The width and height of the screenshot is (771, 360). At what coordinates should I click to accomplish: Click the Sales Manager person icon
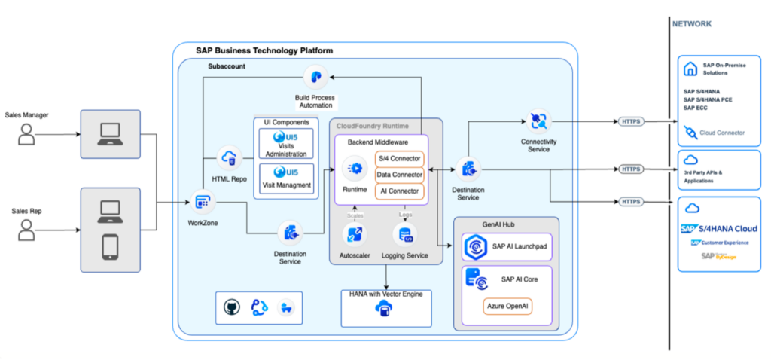27,134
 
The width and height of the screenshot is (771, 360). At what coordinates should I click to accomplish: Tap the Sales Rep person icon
27,230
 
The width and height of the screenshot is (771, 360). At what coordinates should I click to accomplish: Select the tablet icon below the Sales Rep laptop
110,246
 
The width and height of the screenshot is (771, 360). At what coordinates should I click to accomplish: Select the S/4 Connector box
399,159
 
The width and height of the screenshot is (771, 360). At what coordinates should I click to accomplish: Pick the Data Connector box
399,175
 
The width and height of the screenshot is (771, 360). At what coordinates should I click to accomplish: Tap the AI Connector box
399,191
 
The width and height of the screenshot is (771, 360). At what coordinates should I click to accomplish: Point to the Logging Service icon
404,234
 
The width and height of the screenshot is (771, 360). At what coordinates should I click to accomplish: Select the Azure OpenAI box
508,307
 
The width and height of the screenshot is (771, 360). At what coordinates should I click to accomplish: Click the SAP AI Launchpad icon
477,247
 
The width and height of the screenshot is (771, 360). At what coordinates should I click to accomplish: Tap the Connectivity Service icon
539,121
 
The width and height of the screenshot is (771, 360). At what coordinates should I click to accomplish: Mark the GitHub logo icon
231,307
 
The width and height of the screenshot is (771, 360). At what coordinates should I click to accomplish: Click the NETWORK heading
692,24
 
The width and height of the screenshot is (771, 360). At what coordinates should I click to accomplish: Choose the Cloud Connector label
721,133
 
